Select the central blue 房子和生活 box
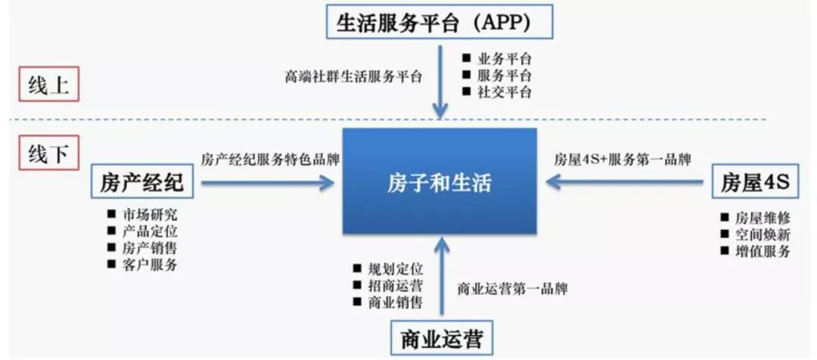point(440,182)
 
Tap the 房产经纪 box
point(141,182)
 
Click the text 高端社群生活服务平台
point(353,76)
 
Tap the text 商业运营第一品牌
point(512,289)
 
